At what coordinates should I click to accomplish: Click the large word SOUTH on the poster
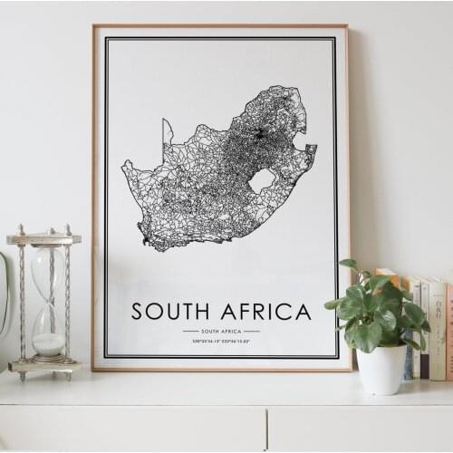point(168,312)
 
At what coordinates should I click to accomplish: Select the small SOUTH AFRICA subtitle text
point(221,331)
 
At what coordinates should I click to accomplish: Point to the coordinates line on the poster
point(221,343)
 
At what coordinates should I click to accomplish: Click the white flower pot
point(381,369)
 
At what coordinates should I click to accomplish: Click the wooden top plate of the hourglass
point(43,239)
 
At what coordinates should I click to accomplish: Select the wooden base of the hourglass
point(44,366)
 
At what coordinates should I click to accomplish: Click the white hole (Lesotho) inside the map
point(261,180)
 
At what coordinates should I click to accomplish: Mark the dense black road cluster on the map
point(260,135)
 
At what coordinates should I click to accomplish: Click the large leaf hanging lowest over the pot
point(368,336)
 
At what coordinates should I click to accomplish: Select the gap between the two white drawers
point(266,429)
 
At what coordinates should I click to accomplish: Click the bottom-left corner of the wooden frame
point(94,369)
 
